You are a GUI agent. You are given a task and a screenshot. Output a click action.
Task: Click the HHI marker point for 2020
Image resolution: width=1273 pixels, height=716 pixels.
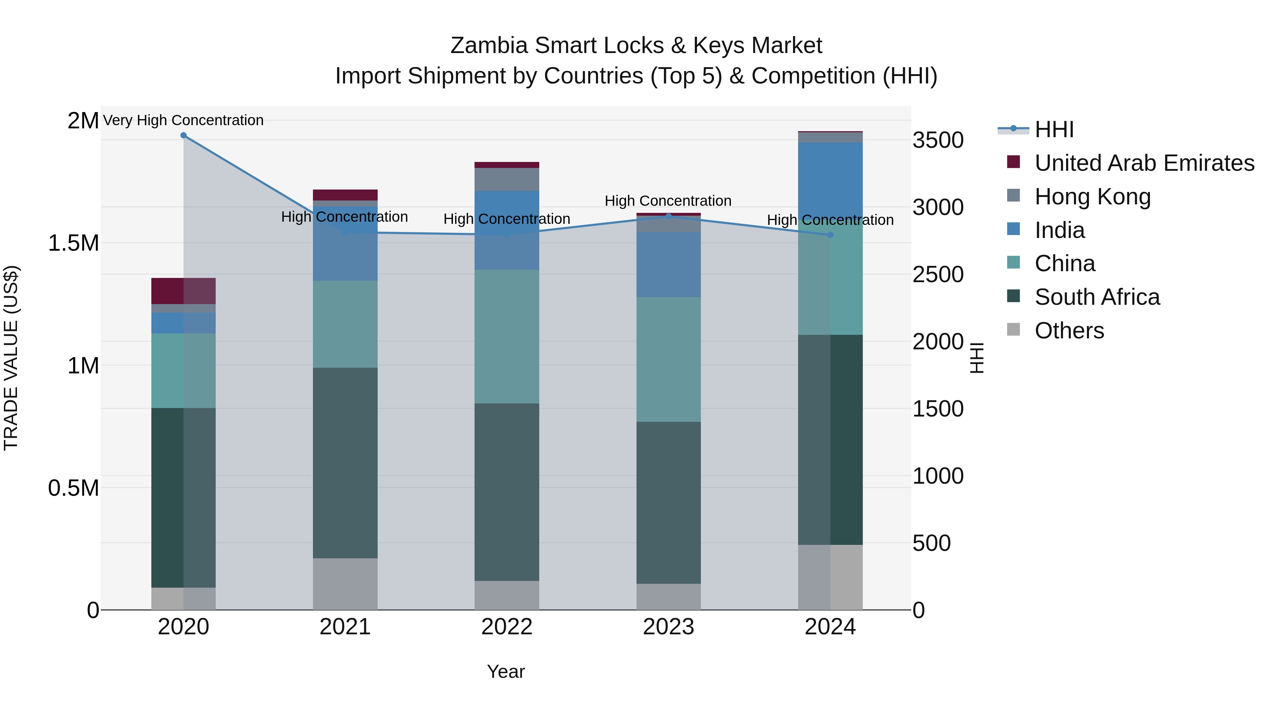183,135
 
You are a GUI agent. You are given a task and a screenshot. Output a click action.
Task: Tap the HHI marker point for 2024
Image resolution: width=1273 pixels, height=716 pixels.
830,235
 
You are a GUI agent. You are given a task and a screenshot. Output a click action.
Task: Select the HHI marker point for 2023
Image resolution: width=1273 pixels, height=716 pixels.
669,216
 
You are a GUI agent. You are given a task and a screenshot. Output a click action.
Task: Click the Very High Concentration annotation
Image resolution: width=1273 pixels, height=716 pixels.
183,121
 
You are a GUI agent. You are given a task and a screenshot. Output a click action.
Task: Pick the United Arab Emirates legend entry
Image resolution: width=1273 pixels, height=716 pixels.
1144,163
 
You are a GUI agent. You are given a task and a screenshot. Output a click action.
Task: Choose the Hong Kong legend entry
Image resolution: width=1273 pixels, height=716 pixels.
1092,197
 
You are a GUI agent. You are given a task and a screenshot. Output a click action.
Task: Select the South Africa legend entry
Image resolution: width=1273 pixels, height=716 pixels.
1097,297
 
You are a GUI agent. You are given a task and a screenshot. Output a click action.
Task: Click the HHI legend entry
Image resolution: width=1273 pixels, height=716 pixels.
1054,129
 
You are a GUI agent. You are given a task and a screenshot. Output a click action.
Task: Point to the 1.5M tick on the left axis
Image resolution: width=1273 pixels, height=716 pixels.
73,243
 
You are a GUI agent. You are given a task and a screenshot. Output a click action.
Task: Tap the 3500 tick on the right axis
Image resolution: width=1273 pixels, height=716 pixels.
937,140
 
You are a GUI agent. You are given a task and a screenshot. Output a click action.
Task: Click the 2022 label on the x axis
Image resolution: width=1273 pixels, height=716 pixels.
506,627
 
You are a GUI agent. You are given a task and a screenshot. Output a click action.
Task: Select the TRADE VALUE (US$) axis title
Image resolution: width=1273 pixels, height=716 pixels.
11,358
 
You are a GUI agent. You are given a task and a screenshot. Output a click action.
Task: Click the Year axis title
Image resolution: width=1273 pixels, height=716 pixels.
506,671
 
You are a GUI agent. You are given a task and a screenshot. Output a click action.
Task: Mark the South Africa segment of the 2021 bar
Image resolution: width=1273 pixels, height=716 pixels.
345,462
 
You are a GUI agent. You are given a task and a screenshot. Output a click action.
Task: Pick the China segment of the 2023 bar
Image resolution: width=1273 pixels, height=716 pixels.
669,359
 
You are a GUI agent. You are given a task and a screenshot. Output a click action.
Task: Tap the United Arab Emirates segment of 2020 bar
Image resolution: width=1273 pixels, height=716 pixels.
183,291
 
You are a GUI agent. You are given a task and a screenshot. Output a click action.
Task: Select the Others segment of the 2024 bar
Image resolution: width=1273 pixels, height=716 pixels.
830,577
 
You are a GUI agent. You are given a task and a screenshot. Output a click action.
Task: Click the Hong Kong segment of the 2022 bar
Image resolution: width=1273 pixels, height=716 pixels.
506,179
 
